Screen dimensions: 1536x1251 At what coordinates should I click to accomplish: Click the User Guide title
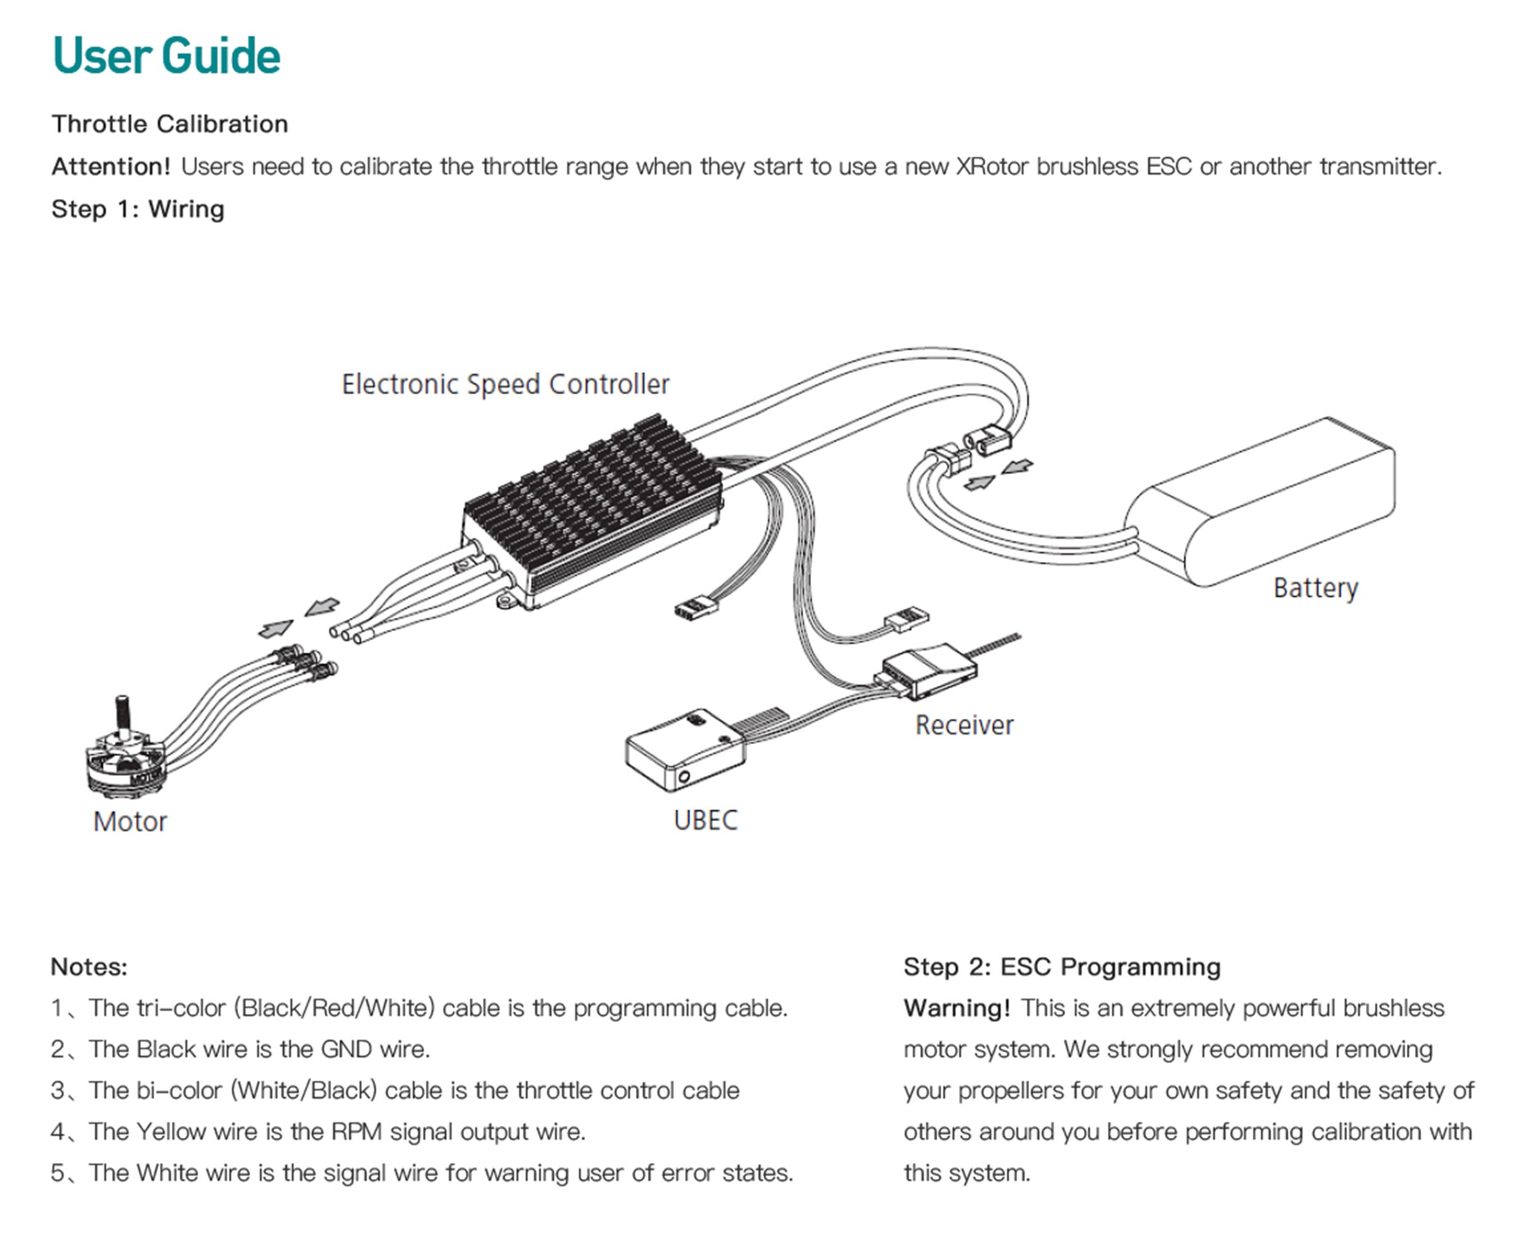[167, 55]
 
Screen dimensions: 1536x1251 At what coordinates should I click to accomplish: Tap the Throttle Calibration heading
[170, 124]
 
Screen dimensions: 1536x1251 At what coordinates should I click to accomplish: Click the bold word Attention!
[111, 167]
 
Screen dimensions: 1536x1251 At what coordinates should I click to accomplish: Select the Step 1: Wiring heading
[138, 209]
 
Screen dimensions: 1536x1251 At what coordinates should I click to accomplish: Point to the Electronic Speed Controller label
[505, 384]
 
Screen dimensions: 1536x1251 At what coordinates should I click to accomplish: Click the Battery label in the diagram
[1315, 588]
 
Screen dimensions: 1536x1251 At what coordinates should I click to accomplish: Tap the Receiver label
[964, 725]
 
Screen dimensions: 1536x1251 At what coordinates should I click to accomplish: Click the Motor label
[130, 822]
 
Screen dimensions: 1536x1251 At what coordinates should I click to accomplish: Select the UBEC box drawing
[684, 750]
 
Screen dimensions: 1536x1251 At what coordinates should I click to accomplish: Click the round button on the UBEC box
[684, 777]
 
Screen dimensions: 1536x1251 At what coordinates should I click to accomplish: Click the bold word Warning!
[957, 1008]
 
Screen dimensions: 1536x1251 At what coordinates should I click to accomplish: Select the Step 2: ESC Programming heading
[1062, 967]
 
